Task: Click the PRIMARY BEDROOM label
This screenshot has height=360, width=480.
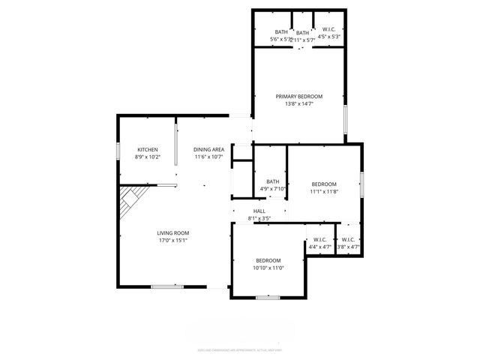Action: tap(298, 97)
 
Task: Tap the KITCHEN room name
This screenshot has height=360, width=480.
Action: tap(147, 150)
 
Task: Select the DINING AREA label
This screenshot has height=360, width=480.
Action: tap(208, 150)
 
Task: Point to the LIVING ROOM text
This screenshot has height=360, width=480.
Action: tap(172, 233)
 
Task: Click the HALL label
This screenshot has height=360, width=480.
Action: tap(259, 211)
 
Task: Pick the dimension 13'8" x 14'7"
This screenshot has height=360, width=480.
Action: tap(298, 104)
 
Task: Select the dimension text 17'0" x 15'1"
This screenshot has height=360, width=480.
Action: tap(172, 241)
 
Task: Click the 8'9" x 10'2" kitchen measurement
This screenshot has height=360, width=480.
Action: tap(147, 157)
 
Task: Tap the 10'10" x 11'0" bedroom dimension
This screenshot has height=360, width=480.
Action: tap(268, 268)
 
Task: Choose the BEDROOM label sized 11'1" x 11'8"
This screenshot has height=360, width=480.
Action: tap(324, 184)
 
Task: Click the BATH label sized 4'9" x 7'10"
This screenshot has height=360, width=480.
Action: tap(272, 181)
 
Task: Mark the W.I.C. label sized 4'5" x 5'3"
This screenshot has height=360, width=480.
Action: tap(329, 31)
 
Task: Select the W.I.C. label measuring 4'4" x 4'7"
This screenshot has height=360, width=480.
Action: tap(319, 240)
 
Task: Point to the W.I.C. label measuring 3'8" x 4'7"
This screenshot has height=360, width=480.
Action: tap(348, 240)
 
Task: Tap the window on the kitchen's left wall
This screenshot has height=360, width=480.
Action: tap(118, 150)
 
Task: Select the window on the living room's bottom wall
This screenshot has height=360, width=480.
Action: tap(167, 286)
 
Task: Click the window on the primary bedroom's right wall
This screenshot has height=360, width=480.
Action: tap(346, 118)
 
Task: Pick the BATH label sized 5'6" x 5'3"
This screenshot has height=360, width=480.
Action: tap(281, 32)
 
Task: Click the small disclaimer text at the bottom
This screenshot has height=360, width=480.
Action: tap(239, 349)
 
